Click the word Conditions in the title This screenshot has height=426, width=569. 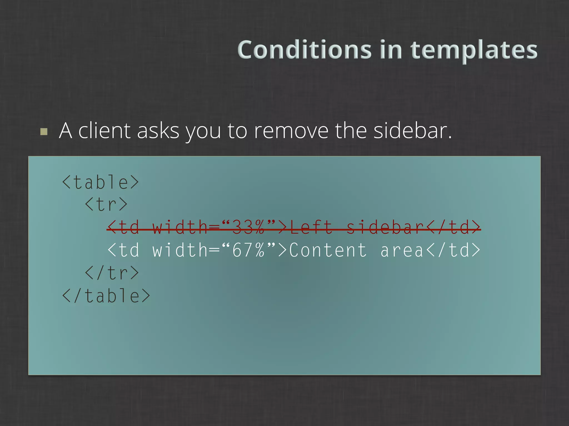[x=305, y=50]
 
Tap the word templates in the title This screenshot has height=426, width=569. [x=474, y=50]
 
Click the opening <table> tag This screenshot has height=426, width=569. [x=100, y=182]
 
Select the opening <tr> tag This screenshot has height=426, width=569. [x=106, y=205]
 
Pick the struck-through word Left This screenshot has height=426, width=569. [x=311, y=228]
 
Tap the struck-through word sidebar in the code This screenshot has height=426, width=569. [x=385, y=228]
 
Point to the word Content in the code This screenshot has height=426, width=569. [x=328, y=250]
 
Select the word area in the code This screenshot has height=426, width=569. [x=402, y=250]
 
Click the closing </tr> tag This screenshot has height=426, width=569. [x=112, y=273]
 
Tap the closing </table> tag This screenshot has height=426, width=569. [x=106, y=296]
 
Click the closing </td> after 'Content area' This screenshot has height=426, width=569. [x=453, y=250]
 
